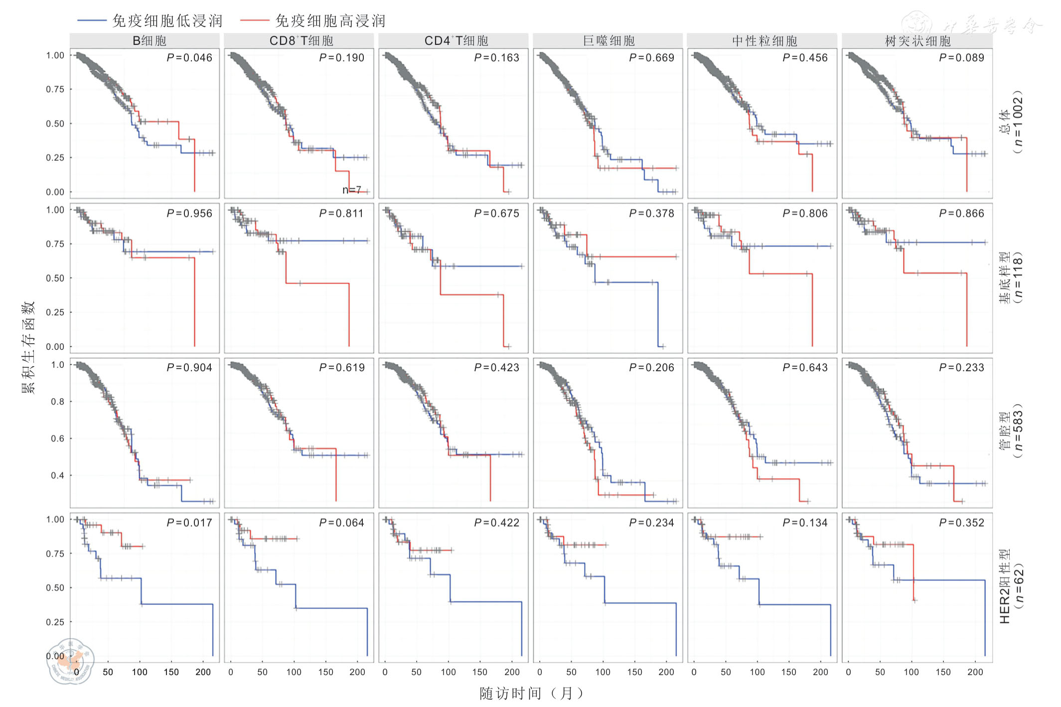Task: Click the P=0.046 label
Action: click(189, 58)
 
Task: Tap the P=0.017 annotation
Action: click(189, 523)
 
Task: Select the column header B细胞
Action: click(149, 41)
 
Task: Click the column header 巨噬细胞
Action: click(608, 41)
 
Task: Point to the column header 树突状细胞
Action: click(917, 41)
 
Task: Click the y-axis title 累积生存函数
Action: click(28, 347)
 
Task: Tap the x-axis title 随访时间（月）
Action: click(531, 693)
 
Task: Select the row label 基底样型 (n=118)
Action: click(1011, 278)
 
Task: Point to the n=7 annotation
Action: click(351, 190)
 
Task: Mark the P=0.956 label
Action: click(189, 213)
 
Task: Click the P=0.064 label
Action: click(342, 523)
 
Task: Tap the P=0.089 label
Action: click(961, 58)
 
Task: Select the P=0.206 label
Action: click(651, 368)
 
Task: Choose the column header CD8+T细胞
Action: click(301, 41)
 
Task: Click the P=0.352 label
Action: click(961, 523)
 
